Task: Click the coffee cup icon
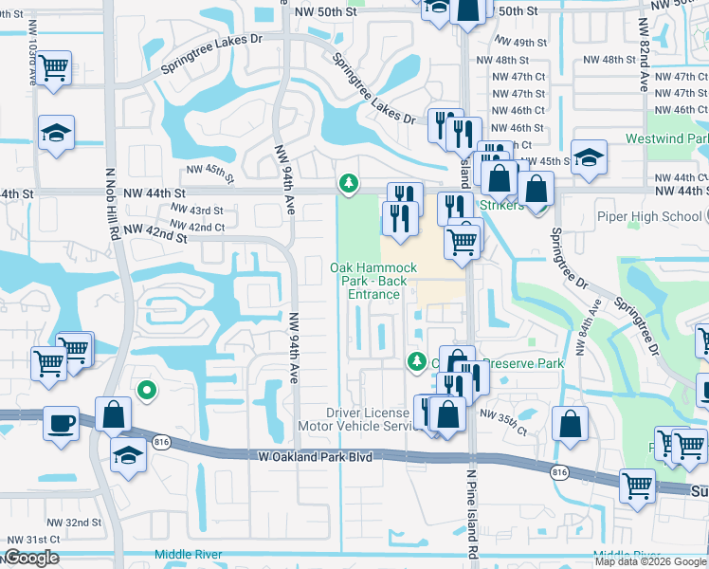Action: [x=63, y=422]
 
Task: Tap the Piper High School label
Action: [x=649, y=216]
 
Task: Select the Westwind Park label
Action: [x=667, y=138]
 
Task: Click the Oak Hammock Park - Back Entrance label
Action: [x=373, y=281]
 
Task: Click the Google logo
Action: [x=31, y=558]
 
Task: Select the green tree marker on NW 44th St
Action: [x=349, y=182]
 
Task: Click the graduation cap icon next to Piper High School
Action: [x=589, y=158]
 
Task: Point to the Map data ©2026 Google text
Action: [x=650, y=561]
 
